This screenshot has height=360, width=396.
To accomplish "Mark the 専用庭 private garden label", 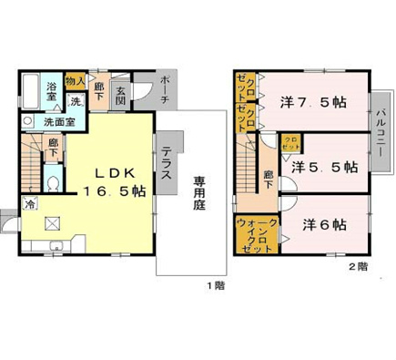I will [x=199, y=192].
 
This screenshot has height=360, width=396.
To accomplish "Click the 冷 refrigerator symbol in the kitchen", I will [x=31, y=204].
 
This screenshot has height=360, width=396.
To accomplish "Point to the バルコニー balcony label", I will [x=378, y=130].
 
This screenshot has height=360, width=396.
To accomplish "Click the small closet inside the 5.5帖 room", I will [x=290, y=143].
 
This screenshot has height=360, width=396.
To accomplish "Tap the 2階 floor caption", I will [x=356, y=267].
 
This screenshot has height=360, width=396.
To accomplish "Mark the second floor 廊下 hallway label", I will [x=269, y=179].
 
